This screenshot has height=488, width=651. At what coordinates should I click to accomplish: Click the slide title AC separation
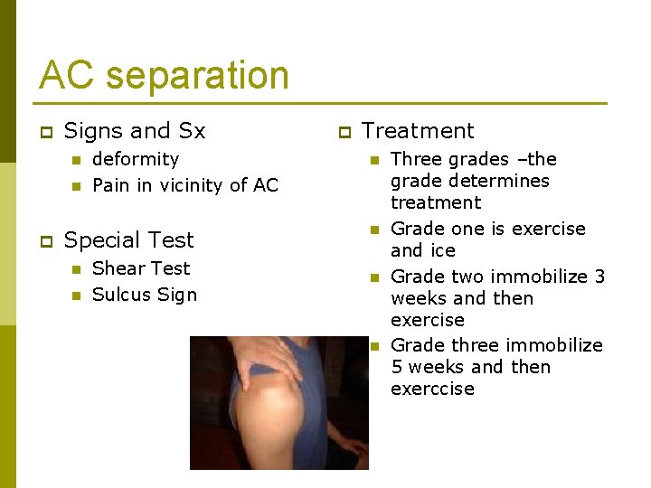(x=164, y=75)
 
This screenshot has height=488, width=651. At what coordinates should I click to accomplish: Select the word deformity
(x=136, y=159)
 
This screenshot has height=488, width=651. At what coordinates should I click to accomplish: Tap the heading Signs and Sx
(x=135, y=131)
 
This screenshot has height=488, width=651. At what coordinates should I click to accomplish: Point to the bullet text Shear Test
(x=141, y=268)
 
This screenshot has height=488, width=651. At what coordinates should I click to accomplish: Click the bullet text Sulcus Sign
(x=145, y=295)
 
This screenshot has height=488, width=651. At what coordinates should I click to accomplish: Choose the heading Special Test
(x=129, y=240)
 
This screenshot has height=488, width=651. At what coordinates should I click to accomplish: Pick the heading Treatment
(x=418, y=131)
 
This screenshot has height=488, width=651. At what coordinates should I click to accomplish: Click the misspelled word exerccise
(x=432, y=389)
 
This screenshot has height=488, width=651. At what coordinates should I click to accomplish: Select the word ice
(x=442, y=250)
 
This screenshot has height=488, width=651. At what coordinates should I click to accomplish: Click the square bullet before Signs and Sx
(x=46, y=132)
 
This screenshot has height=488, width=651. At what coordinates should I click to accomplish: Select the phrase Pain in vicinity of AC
(x=185, y=185)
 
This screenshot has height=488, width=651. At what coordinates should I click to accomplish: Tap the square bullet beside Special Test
(x=46, y=241)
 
